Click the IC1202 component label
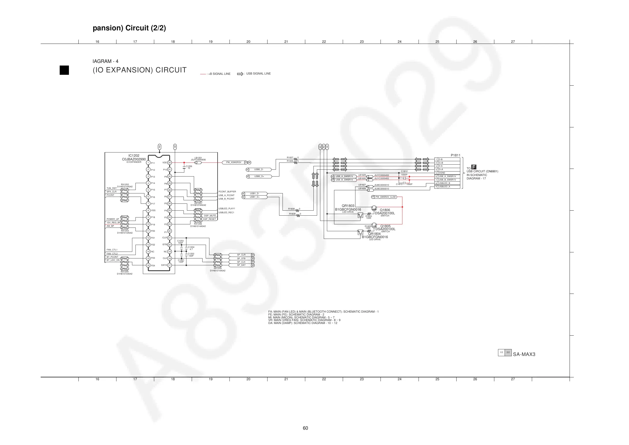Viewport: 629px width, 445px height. click(x=134, y=155)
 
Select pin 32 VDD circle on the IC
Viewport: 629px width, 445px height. click(x=169, y=163)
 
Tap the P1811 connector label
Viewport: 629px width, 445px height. click(x=456, y=155)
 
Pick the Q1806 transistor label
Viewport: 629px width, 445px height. click(x=385, y=210)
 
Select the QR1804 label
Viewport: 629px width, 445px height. click(x=374, y=234)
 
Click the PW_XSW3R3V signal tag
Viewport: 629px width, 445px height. click(x=233, y=162)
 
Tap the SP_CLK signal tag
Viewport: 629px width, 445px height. click(x=241, y=262)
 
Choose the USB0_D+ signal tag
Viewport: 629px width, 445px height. click(x=259, y=176)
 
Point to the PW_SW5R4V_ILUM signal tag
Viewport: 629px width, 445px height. click(x=385, y=197)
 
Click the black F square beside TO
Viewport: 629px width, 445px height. click(x=474, y=167)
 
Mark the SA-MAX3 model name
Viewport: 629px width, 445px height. click(x=524, y=354)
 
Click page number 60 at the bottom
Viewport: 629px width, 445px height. click(x=305, y=428)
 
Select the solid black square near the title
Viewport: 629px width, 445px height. click(x=64, y=70)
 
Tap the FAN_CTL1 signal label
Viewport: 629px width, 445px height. click(x=112, y=250)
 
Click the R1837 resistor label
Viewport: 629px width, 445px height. click(x=290, y=158)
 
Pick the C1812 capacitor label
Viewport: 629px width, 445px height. click(x=404, y=171)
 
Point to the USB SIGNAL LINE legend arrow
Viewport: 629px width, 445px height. click(x=240, y=74)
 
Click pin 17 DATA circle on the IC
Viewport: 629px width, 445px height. click(x=169, y=265)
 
